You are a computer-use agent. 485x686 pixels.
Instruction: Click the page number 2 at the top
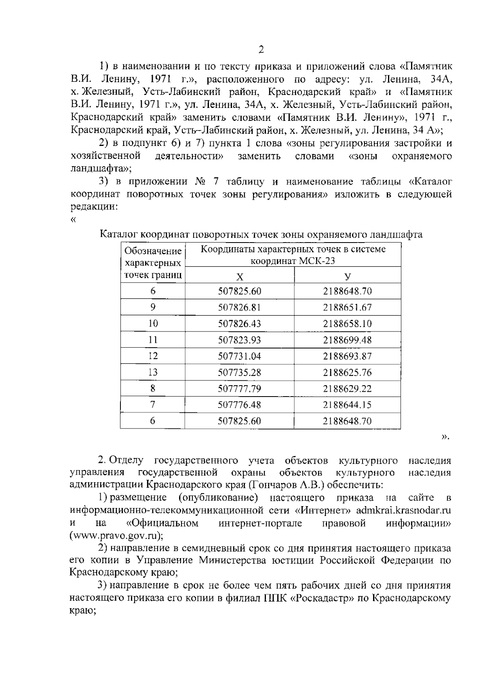[x=261, y=50]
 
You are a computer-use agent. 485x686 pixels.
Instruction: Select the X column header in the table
[x=240, y=277]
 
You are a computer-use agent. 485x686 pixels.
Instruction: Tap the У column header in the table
[x=348, y=277]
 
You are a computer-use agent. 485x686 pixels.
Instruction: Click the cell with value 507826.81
[x=240, y=308]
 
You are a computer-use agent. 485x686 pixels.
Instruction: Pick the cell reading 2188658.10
[x=348, y=324]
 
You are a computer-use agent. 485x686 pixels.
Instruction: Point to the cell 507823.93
[x=240, y=340]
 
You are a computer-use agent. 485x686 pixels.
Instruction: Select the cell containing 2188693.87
[x=348, y=356]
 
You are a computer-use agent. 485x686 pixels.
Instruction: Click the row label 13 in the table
[x=153, y=372]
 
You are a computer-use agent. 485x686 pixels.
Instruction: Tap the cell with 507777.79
[x=240, y=388]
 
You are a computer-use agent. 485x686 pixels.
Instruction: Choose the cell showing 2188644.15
[x=348, y=405]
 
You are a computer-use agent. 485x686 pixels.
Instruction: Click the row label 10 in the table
[x=153, y=324]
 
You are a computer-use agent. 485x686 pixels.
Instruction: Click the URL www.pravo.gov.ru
[x=115, y=536]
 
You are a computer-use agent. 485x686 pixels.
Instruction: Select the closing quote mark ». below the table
[x=445, y=437]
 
